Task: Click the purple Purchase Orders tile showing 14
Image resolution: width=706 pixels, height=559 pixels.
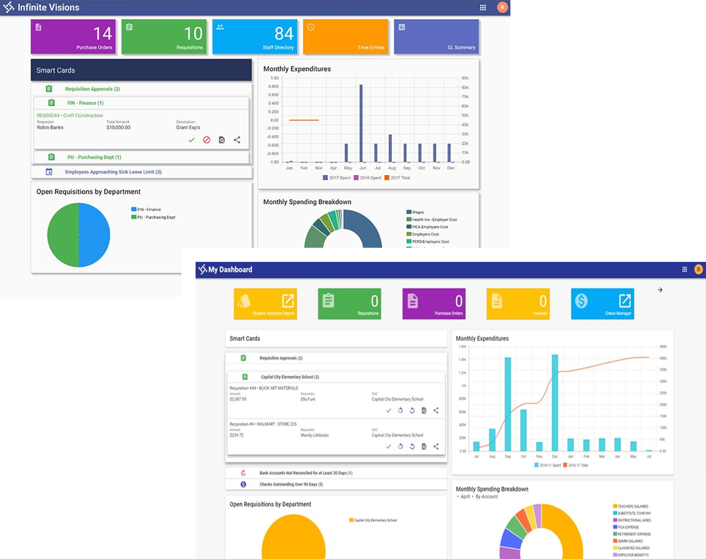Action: [x=73, y=37]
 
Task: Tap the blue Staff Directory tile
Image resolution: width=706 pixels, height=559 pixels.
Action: [x=255, y=37]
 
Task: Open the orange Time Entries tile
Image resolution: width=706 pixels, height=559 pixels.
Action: [x=346, y=37]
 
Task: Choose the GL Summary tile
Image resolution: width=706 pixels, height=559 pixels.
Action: [x=436, y=37]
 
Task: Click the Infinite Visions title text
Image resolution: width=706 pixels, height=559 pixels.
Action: [x=49, y=8]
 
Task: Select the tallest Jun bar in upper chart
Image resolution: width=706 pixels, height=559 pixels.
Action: [x=361, y=124]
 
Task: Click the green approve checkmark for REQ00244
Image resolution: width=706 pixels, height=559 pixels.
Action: [x=191, y=140]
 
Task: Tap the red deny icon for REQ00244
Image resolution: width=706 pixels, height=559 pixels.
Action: [x=207, y=140]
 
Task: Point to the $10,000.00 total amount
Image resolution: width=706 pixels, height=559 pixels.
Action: [x=119, y=128]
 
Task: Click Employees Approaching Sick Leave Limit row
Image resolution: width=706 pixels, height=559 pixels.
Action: [x=113, y=172]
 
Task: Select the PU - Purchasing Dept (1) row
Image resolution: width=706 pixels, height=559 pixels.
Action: [x=94, y=157]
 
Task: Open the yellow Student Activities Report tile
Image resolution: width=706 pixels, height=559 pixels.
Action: [x=265, y=303]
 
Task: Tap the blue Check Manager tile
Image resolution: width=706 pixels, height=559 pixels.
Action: [x=602, y=303]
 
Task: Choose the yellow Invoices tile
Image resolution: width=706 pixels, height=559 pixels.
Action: [x=517, y=303]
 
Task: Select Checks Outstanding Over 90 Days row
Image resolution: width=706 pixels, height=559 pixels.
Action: [x=291, y=484]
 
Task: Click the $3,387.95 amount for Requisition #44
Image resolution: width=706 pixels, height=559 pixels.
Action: [x=239, y=399]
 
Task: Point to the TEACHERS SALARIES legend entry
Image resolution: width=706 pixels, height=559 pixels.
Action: [x=633, y=506]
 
